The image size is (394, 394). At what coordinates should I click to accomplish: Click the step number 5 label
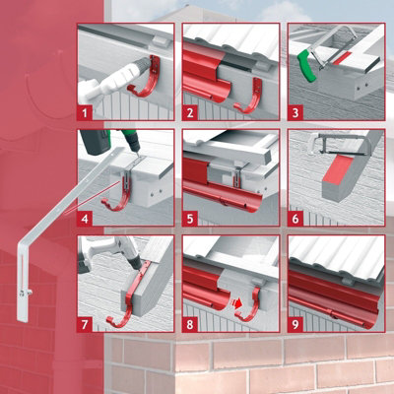pos(189,217)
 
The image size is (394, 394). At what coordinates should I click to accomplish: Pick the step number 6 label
pos(295,217)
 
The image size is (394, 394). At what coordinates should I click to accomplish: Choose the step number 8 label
pos(189,322)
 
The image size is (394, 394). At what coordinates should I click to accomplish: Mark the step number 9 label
pos(295,322)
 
